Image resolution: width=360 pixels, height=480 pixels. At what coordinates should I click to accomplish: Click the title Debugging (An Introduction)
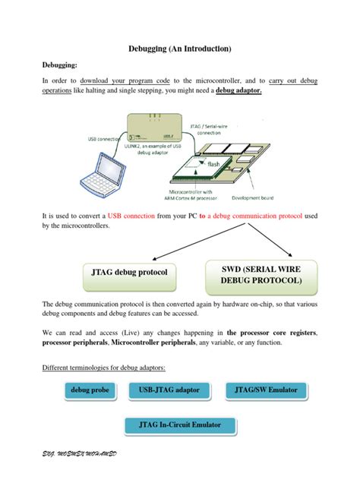click(180, 49)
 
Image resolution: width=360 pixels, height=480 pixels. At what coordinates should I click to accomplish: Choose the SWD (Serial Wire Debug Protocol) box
click(261, 274)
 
